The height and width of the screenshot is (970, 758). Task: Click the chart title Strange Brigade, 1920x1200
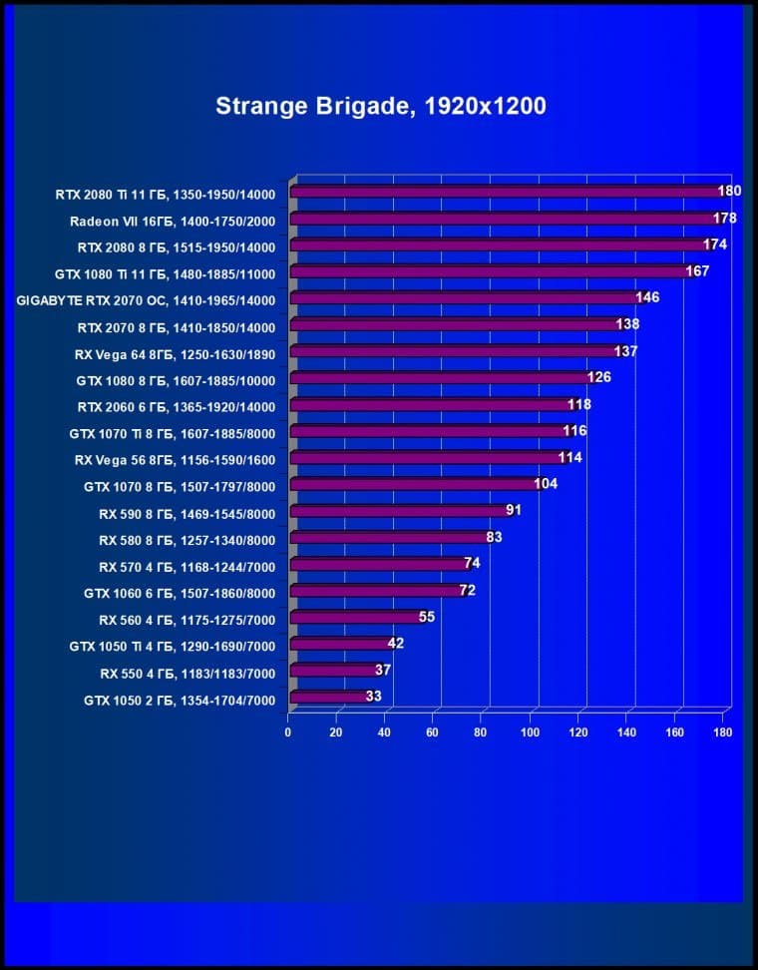pos(380,106)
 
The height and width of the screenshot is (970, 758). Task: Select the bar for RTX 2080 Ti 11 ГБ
pos(507,191)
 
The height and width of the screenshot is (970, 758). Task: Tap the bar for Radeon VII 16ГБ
pos(505,218)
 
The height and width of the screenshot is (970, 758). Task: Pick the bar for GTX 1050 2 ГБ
pos(329,697)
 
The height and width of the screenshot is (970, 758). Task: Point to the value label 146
pos(647,297)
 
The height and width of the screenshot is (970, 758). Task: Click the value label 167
pos(697,270)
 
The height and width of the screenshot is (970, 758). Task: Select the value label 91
pos(514,510)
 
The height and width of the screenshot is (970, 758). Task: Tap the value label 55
pos(427,617)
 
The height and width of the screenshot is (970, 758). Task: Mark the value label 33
pos(373,697)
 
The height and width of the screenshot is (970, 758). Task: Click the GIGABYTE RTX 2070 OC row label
pos(147,299)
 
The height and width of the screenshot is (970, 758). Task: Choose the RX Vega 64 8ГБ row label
pos(175,353)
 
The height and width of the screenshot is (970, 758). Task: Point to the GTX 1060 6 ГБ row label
pos(180,593)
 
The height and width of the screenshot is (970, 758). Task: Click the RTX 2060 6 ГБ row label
pos(177,406)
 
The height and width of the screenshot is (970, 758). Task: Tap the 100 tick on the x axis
pos(530,732)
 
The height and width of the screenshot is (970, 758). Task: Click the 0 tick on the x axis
pos(288,732)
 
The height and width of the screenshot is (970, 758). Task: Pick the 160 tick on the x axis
pos(675,732)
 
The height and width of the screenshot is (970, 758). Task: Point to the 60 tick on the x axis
pos(433,732)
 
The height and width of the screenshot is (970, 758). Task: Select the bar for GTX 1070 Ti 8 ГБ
pos(427,430)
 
